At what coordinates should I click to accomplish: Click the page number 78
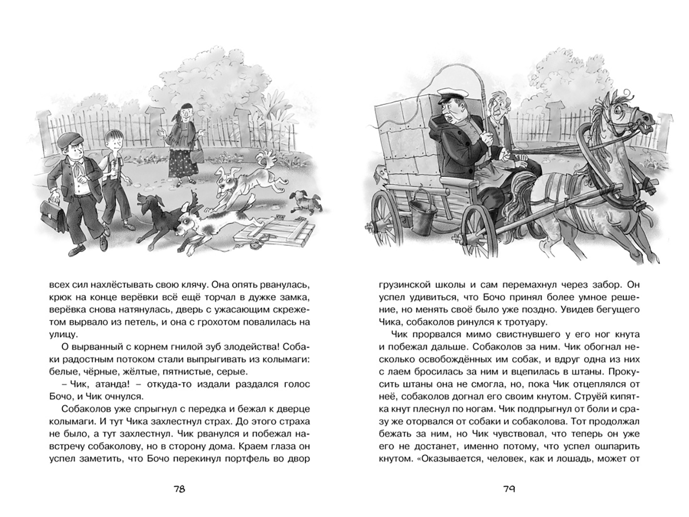pos(179,489)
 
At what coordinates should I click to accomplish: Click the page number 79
pos(509,489)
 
